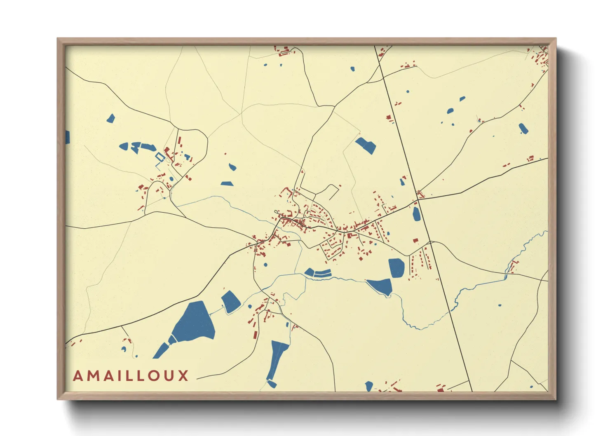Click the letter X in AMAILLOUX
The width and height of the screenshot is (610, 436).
tap(183, 376)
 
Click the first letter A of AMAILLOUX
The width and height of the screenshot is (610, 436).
tap(78, 376)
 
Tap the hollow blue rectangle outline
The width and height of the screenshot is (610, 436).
tap(160, 157)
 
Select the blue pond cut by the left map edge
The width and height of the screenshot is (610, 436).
tap(67, 137)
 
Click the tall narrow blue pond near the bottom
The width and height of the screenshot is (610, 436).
tap(278, 359)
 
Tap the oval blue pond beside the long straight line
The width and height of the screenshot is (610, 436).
tap(417, 213)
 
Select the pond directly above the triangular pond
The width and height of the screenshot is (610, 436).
tap(396, 267)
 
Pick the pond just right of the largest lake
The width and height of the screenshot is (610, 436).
tap(230, 302)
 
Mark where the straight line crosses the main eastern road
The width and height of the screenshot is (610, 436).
tap(418, 200)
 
